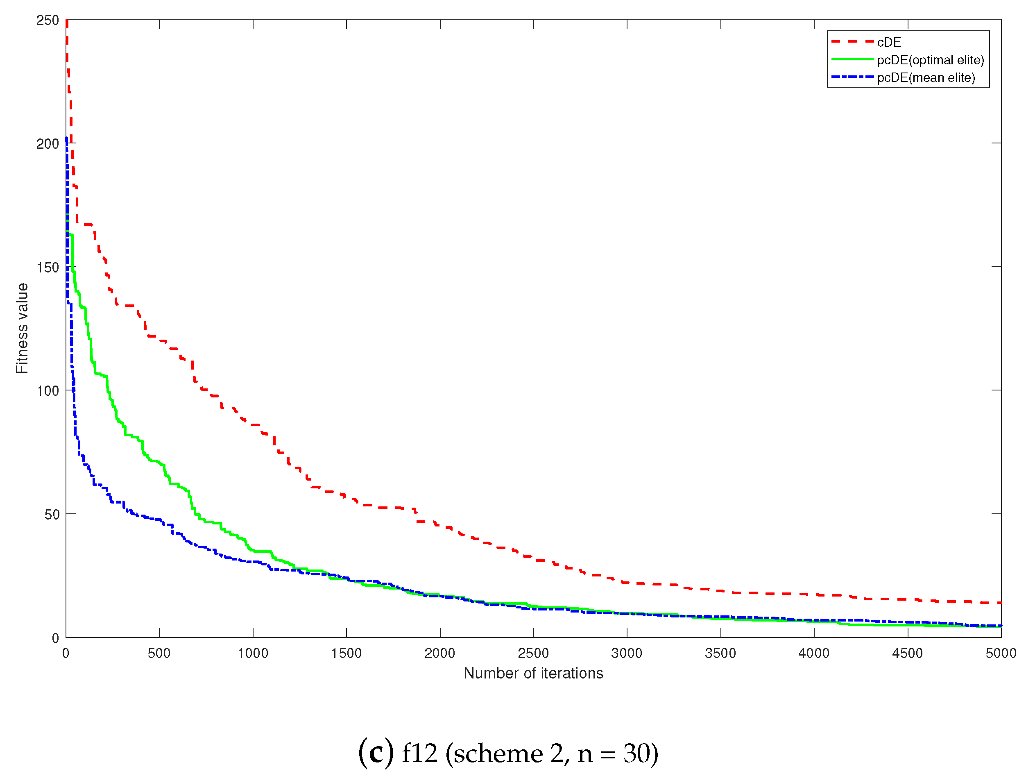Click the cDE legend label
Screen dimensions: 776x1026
[x=889, y=42]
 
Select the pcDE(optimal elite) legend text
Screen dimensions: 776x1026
[x=930, y=60]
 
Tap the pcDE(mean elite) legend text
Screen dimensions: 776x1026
[x=926, y=77]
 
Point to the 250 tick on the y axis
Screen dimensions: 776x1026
[x=48, y=20]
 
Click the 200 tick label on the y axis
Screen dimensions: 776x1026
[x=48, y=144]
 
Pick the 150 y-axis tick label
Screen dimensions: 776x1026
[x=48, y=267]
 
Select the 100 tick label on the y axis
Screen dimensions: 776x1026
[x=48, y=391]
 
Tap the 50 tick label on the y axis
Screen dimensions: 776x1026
[x=52, y=514]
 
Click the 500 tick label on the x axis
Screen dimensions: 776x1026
[x=159, y=653]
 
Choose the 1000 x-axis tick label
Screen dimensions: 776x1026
[x=253, y=653]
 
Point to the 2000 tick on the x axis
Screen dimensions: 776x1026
[x=440, y=653]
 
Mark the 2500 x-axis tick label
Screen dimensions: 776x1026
[x=533, y=653]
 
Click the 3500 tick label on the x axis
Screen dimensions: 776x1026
[x=720, y=653]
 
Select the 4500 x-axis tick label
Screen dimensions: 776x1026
[x=907, y=653]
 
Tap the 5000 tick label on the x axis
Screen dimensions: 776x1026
[x=1001, y=653]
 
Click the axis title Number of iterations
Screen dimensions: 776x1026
[x=533, y=673]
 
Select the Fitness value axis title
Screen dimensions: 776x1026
[x=22, y=328]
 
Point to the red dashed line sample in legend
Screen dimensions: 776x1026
[x=852, y=42]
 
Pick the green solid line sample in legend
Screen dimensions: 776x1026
[x=852, y=59]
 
